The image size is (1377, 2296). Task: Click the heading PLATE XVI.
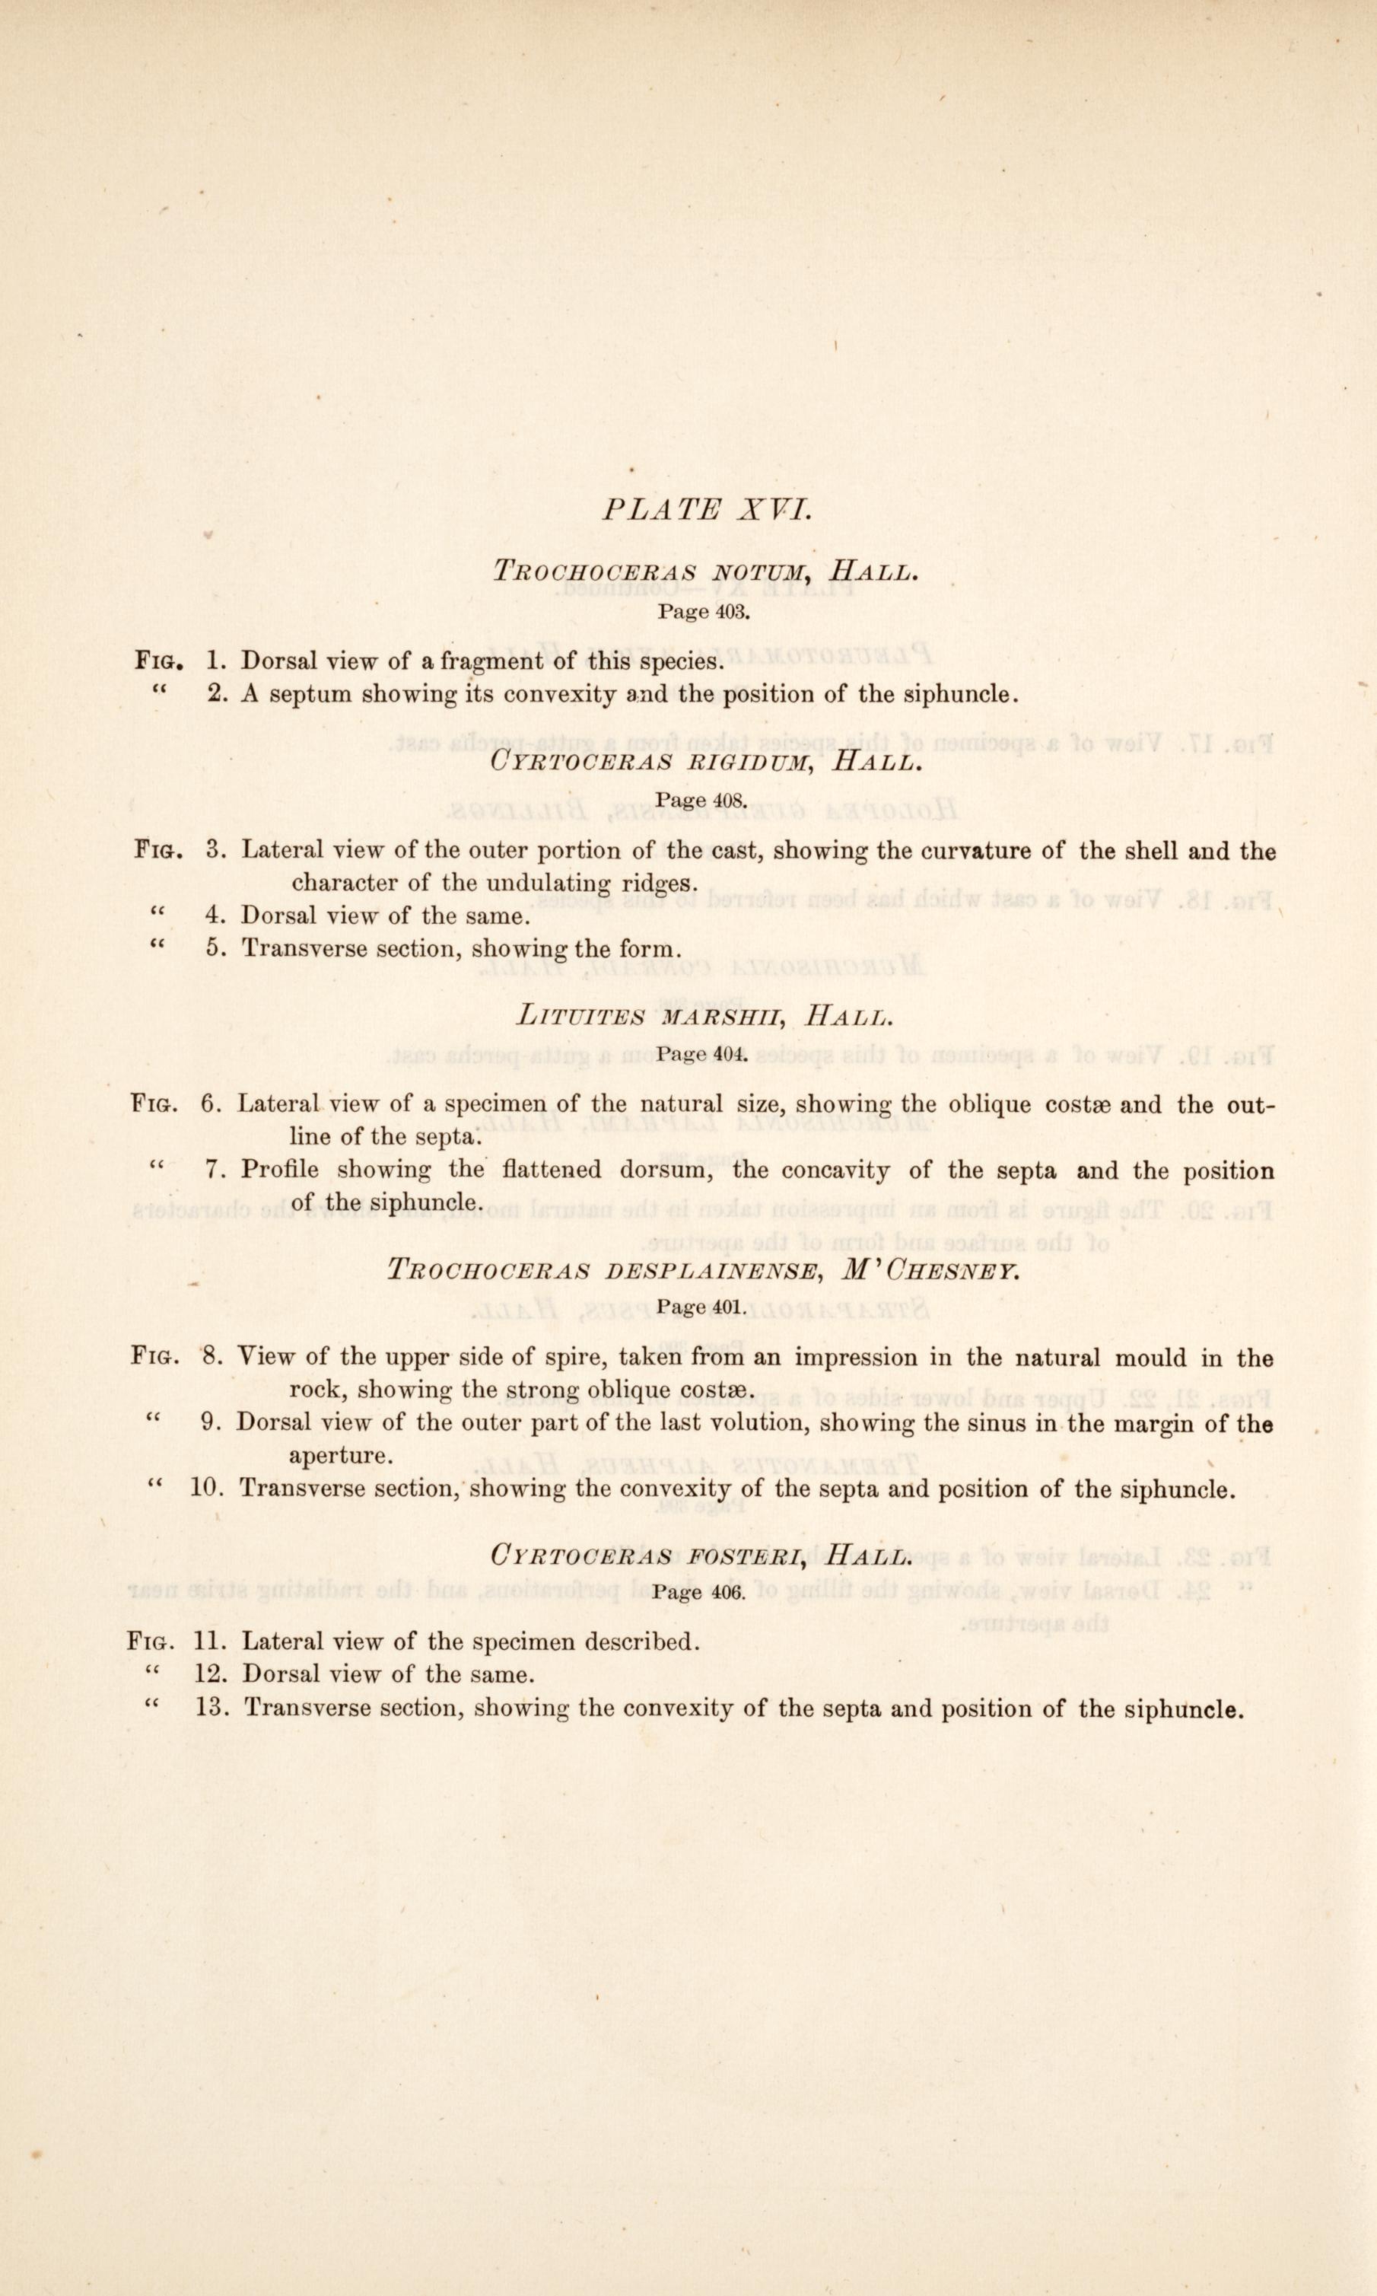click(x=707, y=509)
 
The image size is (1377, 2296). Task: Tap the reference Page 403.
click(x=702, y=612)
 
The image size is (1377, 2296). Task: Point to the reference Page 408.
click(x=702, y=801)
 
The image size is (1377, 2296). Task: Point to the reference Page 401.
click(x=702, y=1307)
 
